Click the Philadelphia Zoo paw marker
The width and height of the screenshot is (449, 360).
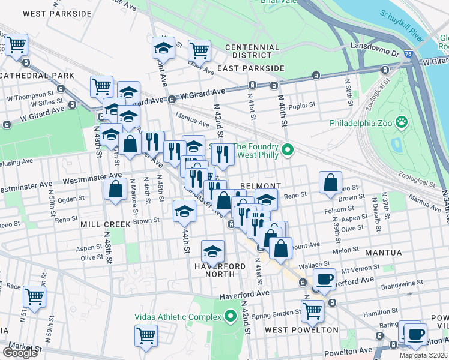[401, 124]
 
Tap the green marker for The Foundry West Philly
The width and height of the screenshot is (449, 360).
[288, 150]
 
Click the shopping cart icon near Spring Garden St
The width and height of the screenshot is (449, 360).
[312, 310]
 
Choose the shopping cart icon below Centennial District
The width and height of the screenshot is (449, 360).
[199, 50]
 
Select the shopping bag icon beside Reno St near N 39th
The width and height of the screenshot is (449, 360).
[330, 182]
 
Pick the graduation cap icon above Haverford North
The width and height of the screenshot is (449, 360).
[212, 251]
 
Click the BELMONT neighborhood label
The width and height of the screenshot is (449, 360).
[261, 186]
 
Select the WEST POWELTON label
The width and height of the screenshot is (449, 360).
[301, 330]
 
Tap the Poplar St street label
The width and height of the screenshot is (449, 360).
[301, 106]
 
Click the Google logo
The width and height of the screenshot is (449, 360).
[20, 353]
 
